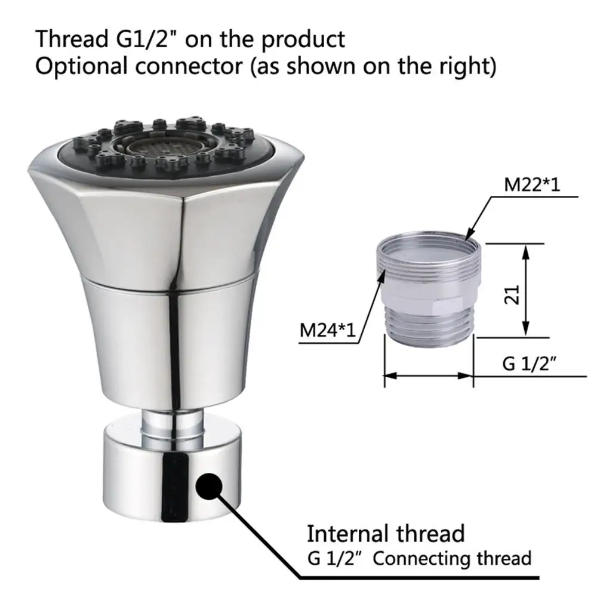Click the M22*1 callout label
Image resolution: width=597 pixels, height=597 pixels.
click(x=532, y=185)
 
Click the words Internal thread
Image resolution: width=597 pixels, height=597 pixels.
click(x=386, y=533)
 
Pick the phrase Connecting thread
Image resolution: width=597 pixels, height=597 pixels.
click(x=452, y=559)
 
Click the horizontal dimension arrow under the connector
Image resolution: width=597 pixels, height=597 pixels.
click(x=428, y=376)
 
